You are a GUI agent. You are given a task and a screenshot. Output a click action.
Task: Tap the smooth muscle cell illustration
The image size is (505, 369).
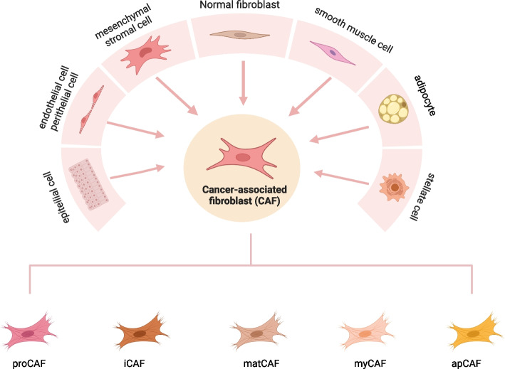pyautogui.click(x=333, y=54)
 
